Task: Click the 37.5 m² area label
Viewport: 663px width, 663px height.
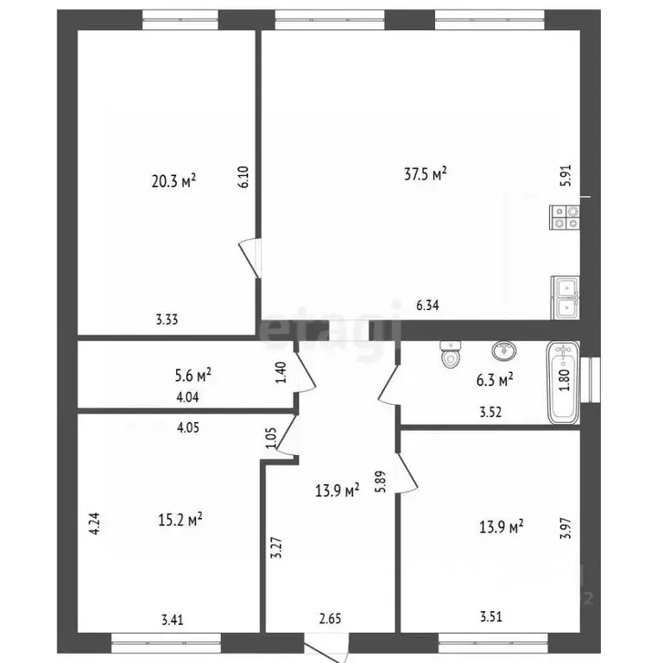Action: coord(426,174)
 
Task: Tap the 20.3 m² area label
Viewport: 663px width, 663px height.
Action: coord(174,181)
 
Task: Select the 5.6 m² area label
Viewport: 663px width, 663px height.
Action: coord(193,375)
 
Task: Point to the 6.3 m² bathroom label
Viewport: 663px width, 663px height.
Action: coord(495,380)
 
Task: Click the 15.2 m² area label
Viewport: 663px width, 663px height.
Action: coord(180,519)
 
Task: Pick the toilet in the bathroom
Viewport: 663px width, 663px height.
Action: coord(450,353)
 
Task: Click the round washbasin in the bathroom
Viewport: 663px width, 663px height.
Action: coord(504,351)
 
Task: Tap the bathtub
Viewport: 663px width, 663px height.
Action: coord(563,382)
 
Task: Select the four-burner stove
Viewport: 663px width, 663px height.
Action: coord(565,218)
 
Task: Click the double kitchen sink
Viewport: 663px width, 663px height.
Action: coord(565,298)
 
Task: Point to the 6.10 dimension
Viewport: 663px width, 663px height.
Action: coord(243,177)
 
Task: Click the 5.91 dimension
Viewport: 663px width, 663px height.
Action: coord(565,175)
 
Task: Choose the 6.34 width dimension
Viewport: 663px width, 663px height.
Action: coord(427,305)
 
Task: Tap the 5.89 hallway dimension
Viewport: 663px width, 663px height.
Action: coord(381,482)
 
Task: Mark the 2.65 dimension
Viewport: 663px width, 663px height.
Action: coord(331,619)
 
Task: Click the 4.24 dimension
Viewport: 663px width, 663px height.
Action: coord(95,524)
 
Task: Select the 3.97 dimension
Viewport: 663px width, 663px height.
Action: coord(565,528)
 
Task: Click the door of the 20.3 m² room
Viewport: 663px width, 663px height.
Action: coord(249,258)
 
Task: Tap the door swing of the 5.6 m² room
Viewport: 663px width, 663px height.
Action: coord(306,371)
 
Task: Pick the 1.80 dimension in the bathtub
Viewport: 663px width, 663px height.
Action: coord(565,381)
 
